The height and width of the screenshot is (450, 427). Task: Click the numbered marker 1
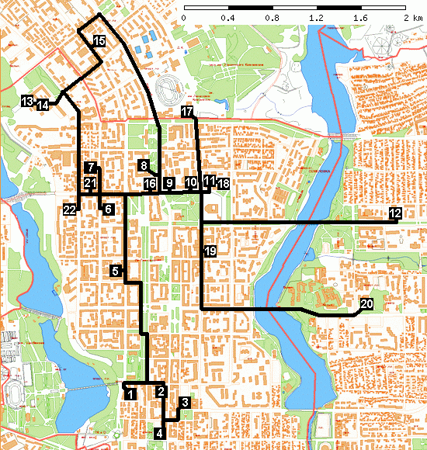click(x=130, y=394)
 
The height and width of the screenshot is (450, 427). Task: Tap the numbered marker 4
click(x=160, y=434)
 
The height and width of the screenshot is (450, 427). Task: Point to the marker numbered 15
click(x=99, y=40)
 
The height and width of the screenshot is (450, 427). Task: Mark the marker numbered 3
click(x=184, y=403)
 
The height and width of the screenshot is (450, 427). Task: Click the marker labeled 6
click(x=108, y=209)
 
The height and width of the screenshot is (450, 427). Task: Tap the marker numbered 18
click(x=224, y=184)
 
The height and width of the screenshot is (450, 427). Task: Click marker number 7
click(x=91, y=168)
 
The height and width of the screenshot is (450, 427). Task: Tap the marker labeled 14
click(x=43, y=105)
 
